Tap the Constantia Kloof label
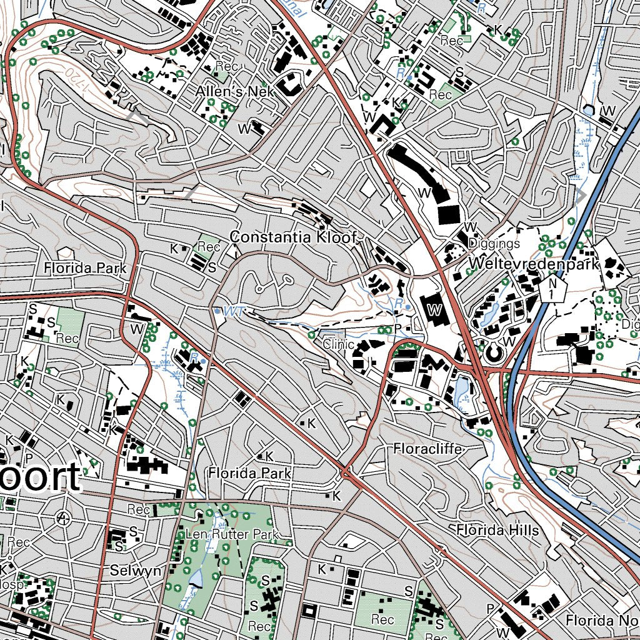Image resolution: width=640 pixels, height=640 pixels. point(293,237)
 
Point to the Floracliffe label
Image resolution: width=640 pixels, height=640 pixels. point(427,449)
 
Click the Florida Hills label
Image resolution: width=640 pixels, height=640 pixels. point(497,530)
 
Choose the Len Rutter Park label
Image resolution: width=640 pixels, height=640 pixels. point(231,534)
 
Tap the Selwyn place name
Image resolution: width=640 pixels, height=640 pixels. point(131,570)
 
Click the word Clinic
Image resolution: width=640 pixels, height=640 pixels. point(339,344)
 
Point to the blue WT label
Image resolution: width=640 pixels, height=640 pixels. point(232,311)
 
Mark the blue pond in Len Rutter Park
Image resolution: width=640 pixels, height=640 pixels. point(196,579)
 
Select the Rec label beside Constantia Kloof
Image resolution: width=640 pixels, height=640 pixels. point(209,247)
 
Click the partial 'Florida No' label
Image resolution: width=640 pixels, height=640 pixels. point(602,620)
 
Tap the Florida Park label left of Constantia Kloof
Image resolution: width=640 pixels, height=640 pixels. point(85,268)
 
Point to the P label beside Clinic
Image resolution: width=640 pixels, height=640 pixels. point(381,329)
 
